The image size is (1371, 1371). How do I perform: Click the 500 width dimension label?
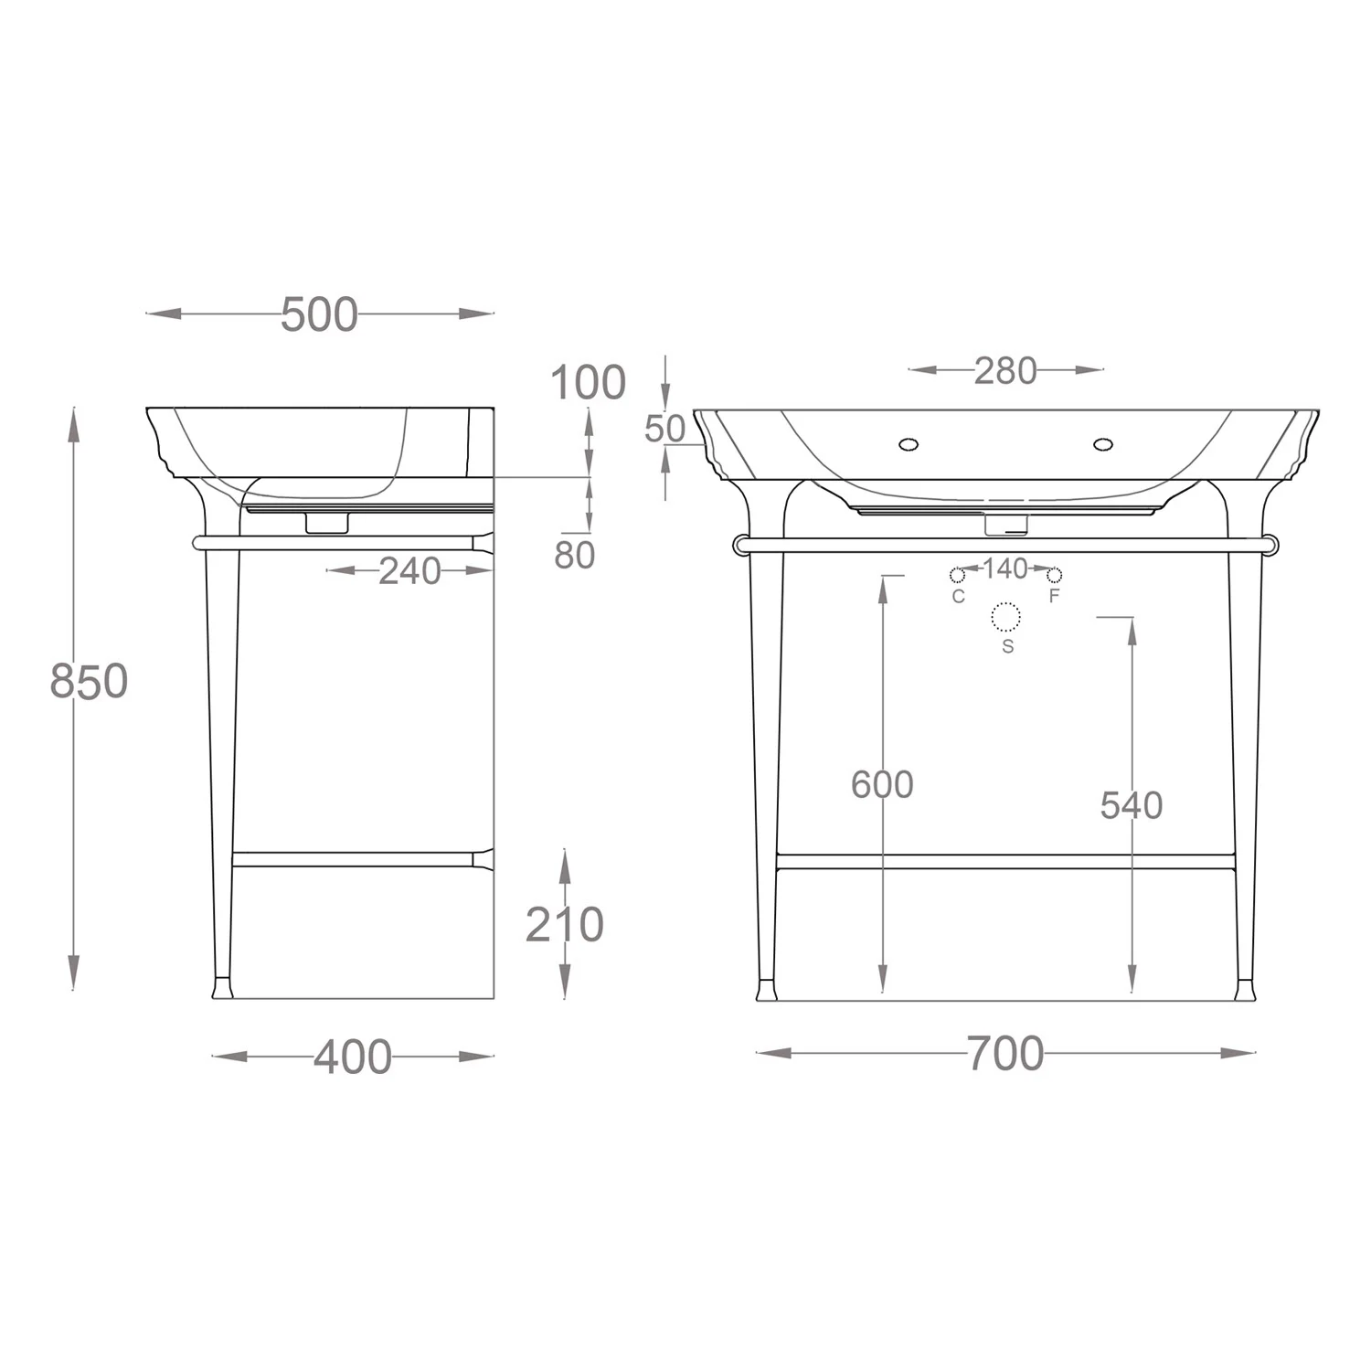point(319,314)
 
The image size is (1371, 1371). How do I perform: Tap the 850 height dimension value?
point(89,682)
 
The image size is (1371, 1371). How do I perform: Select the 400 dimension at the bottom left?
point(353,1057)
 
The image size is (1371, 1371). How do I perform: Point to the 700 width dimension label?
point(1005,1054)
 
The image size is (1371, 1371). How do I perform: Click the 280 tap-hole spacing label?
point(1005,371)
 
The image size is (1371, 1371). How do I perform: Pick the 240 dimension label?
point(410,571)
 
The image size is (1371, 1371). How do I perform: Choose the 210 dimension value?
point(564,925)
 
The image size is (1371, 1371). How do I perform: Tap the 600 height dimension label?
point(882,784)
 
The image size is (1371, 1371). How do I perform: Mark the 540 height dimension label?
point(1132,805)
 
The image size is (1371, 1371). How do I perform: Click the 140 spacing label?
point(1005,569)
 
